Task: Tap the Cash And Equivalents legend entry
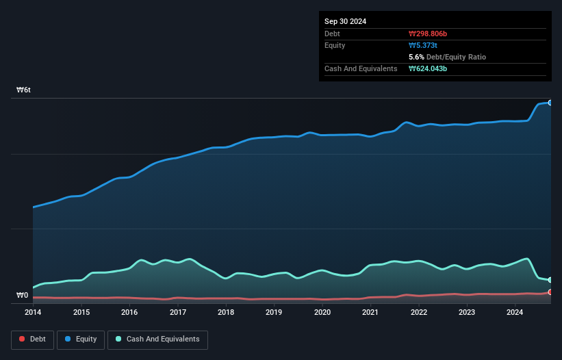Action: pos(157,339)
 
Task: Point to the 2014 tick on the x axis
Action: pos(33,313)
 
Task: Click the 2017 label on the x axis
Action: pos(178,313)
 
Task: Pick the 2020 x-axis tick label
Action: pos(322,313)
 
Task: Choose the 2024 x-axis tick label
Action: pos(515,313)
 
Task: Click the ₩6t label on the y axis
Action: pos(24,90)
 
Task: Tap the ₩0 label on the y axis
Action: pos(23,296)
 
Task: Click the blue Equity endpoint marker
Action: pos(550,103)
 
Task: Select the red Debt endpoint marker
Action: pos(550,292)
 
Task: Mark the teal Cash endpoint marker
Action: pos(550,280)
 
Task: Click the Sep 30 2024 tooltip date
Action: pos(345,21)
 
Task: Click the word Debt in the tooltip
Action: pos(332,34)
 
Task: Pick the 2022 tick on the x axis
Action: pos(419,313)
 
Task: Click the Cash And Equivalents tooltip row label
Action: pos(361,68)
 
